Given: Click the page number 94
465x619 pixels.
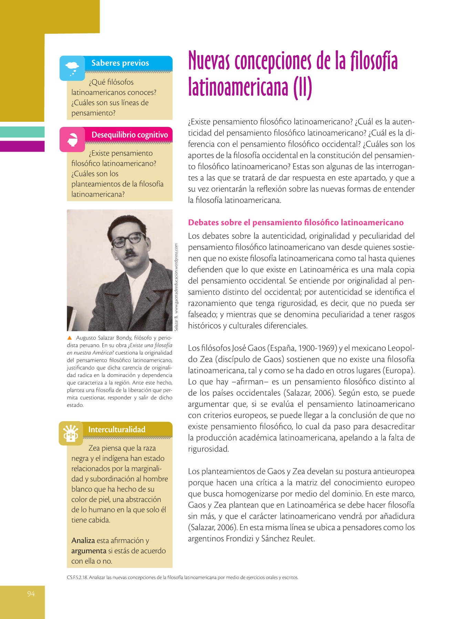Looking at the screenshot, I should pos(31,594).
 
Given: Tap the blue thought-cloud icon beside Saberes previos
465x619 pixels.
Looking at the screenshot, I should pos(72,68).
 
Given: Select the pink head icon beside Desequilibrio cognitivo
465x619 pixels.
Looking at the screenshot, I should pos(72,140).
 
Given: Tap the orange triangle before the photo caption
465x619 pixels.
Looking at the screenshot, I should pos(70,338).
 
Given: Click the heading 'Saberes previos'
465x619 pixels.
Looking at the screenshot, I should pos(120,63).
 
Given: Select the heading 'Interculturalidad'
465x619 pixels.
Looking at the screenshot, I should pos(117,430).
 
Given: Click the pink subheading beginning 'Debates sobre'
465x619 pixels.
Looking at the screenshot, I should pos(296,222).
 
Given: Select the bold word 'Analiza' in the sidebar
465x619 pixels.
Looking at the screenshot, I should pos(83,541).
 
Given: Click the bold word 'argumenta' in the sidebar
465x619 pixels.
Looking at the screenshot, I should pos(89,551).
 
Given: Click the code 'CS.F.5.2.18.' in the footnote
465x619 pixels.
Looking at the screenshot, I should pos(77,577).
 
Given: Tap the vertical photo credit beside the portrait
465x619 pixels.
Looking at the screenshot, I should pos(176,287).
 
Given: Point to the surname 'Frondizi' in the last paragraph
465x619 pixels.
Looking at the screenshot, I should pos(240,539).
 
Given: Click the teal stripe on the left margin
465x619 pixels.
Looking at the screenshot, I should pos(22,132).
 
